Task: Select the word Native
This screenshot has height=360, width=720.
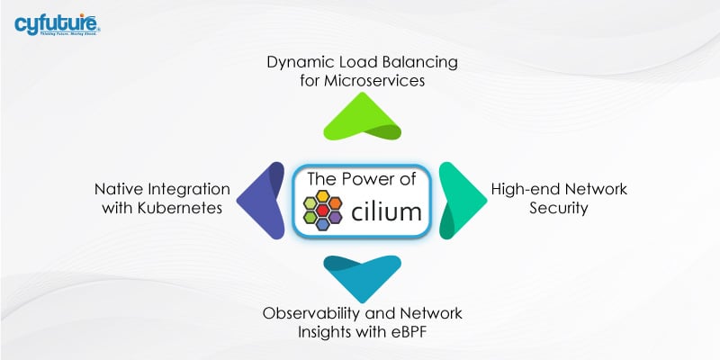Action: pyautogui.click(x=117, y=190)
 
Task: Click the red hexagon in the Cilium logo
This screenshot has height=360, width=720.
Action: pyautogui.click(x=323, y=210)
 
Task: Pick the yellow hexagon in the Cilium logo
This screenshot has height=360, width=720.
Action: pyautogui.click(x=323, y=196)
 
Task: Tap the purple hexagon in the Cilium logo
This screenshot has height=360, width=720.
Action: pyautogui.click(x=335, y=217)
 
